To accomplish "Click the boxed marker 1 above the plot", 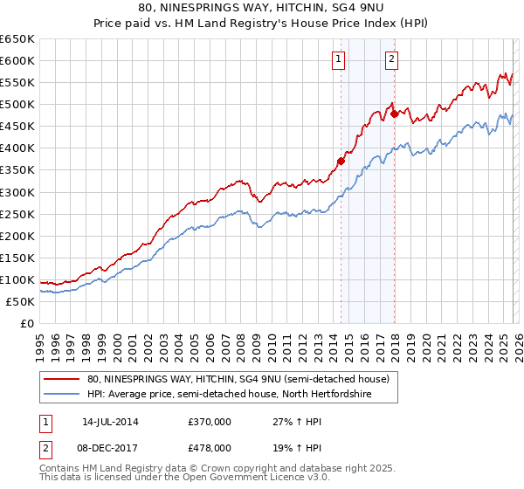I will (337, 59).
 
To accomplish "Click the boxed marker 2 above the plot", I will (391, 59).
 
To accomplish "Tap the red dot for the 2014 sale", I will (341, 161).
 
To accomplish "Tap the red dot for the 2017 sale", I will (394, 114).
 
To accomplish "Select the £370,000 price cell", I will (210, 421).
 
